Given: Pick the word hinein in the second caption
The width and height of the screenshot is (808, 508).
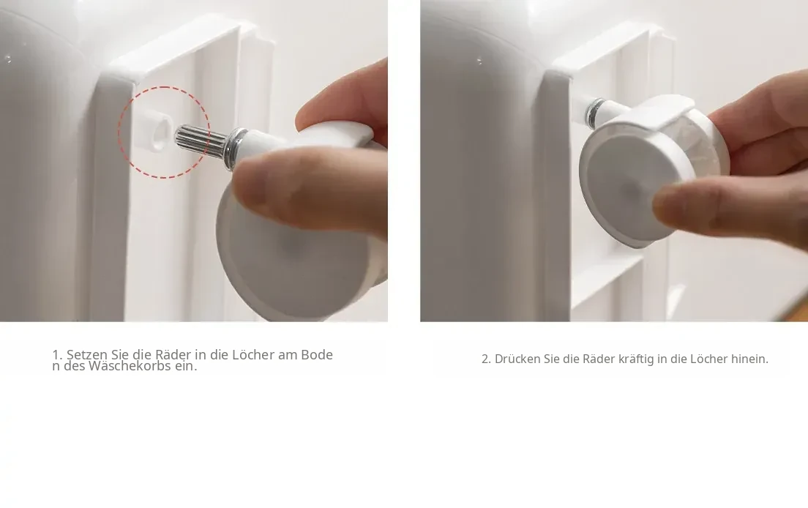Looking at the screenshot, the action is pos(747,359).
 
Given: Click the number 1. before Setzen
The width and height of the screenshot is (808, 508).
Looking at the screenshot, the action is pos(57,355).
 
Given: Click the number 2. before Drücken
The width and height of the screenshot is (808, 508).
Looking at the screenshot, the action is pos(487,359).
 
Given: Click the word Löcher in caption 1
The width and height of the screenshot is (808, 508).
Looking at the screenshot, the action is pos(253,354).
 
